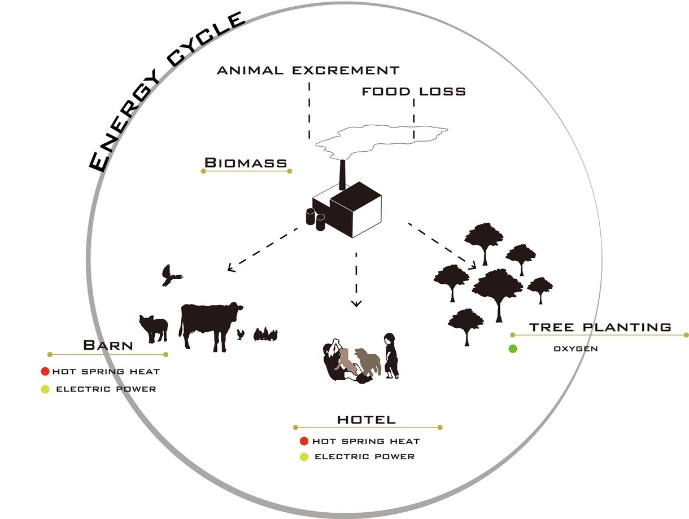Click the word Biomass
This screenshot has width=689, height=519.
tap(246, 163)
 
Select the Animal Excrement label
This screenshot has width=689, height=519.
tap(308, 70)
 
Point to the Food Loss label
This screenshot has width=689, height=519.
tap(414, 91)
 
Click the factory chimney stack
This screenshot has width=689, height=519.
tap(342, 175)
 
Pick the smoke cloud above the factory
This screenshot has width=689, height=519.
tap(380, 139)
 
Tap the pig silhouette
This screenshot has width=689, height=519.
tap(154, 329)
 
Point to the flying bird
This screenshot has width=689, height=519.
tap(171, 275)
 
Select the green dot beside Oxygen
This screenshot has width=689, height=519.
tap(513, 349)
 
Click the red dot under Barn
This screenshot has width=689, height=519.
tap(45, 371)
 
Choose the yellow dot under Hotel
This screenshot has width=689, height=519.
tap(304, 457)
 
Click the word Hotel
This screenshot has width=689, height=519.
tap(367, 419)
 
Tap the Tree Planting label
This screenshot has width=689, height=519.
tap(600, 327)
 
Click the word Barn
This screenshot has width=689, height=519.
tap(108, 345)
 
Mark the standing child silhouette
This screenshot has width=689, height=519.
tap(391, 356)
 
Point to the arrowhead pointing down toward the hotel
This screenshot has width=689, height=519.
tap(356, 303)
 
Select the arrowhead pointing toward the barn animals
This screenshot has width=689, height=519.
tap(231, 268)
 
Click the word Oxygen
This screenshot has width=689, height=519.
tap(575, 349)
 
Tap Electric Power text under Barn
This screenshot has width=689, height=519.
tap(106, 389)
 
